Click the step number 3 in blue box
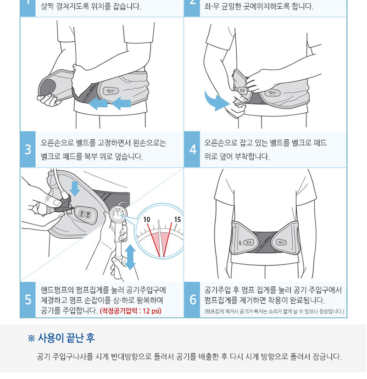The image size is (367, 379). (x=28, y=149)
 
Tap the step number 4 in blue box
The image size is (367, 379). (x=193, y=149)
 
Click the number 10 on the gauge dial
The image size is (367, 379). (x=147, y=220)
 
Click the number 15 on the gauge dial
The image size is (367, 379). (x=178, y=220)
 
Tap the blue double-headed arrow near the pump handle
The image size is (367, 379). (x=130, y=257)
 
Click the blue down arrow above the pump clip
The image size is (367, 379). (x=75, y=189)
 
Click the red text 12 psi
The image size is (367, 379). (x=152, y=311)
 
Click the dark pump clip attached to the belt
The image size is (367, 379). (x=63, y=205)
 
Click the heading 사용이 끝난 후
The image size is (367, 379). (x=66, y=338)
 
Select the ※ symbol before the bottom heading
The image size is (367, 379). (x=31, y=338)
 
